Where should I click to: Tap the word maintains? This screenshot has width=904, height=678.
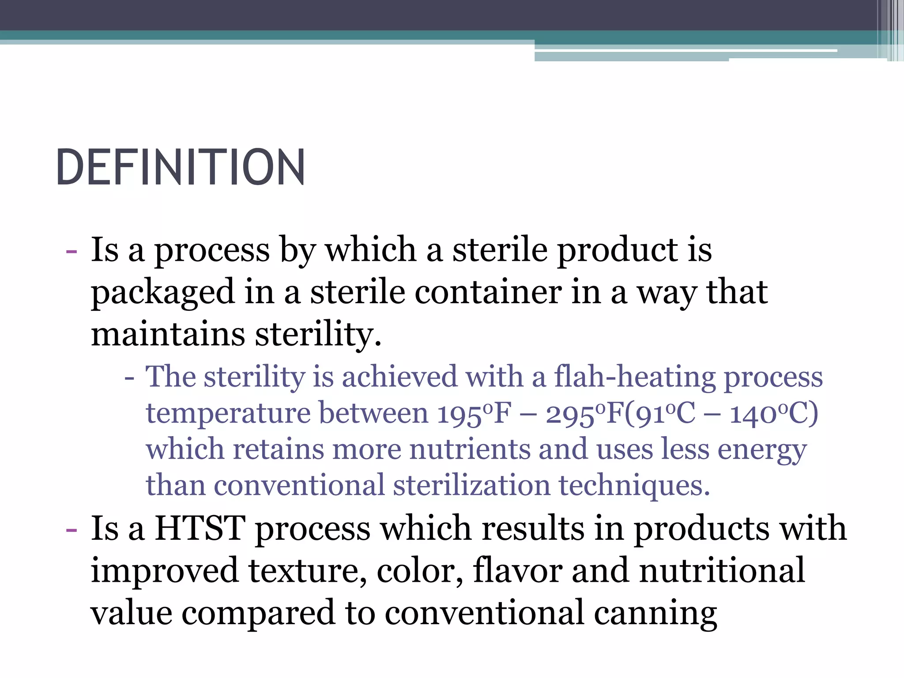(x=168, y=334)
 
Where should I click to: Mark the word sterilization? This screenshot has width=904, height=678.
(x=471, y=486)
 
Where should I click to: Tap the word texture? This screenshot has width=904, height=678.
(x=307, y=571)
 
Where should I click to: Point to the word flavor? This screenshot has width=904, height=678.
(x=517, y=571)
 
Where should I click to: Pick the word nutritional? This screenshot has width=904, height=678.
(x=722, y=571)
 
